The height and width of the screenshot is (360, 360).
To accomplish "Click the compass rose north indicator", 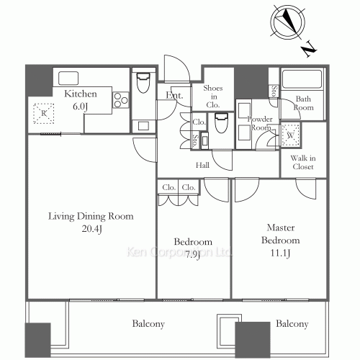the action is (x=288, y=22).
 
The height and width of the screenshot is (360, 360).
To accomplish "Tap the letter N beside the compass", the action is (x=309, y=49).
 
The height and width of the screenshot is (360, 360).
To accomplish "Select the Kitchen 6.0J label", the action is (x=81, y=100).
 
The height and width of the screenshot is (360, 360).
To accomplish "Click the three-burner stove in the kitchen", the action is (x=121, y=100).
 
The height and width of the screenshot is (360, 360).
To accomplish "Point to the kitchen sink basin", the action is (x=68, y=78).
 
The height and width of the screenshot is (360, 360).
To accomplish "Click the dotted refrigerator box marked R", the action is (x=43, y=113).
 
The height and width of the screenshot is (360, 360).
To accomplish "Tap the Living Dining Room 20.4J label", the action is (x=91, y=222).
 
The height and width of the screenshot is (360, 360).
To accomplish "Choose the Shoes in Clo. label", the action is (x=213, y=96).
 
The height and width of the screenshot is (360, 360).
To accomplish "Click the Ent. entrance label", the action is (x=174, y=95).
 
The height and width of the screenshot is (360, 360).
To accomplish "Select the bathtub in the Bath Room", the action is (x=302, y=79).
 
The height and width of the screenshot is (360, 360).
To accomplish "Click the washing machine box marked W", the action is (x=290, y=135).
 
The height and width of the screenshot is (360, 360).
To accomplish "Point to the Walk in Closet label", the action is (x=303, y=163).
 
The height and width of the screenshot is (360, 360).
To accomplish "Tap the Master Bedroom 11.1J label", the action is (x=281, y=240).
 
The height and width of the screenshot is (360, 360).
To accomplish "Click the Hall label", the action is (x=202, y=165).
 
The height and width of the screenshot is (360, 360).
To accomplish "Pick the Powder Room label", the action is (x=260, y=123).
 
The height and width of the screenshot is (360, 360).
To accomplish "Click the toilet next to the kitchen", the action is (x=143, y=83).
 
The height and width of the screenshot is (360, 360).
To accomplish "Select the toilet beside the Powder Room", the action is (x=221, y=123).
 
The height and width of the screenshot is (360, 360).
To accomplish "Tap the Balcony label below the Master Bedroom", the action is (x=292, y=324).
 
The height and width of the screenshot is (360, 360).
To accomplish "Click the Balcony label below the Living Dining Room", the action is (x=148, y=324).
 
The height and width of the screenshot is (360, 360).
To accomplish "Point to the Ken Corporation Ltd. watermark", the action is (x=179, y=252).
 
